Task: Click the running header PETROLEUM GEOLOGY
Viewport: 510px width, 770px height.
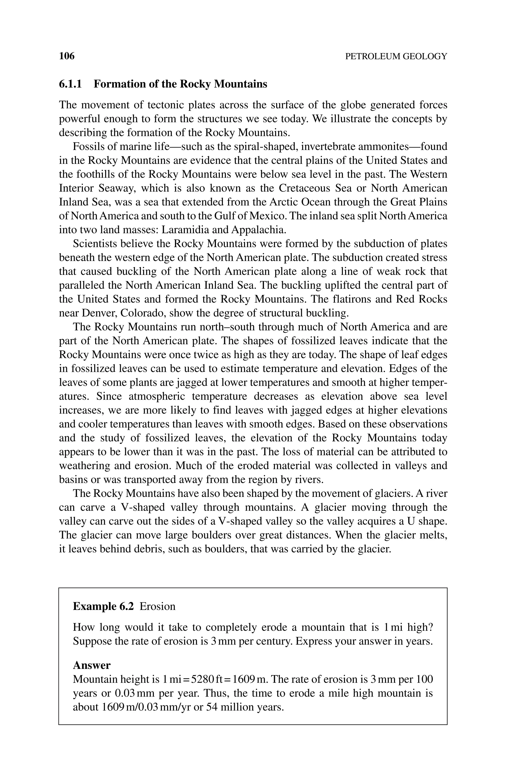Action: click(396, 57)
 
